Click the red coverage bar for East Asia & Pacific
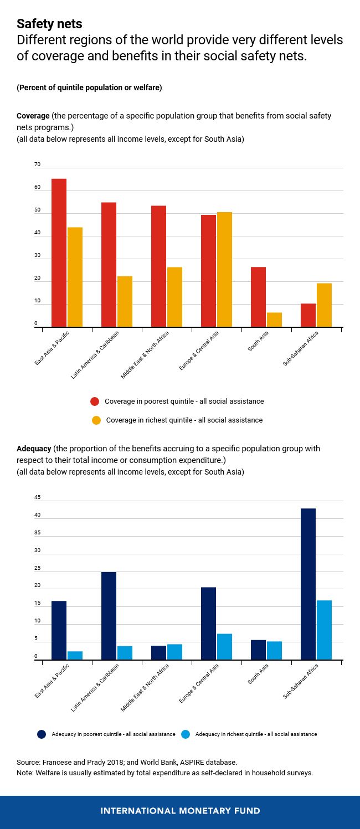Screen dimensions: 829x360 (59, 253)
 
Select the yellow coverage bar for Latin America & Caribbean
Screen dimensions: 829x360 (125, 302)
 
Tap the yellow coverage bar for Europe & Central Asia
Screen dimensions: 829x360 (224, 270)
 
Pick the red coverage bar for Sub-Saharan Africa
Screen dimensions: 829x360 (308, 316)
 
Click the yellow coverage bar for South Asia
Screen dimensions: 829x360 (274, 320)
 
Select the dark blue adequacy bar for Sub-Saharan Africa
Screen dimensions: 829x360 (308, 584)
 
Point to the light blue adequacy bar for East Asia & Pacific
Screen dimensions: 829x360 (75, 656)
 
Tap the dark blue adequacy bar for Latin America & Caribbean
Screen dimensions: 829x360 (109, 616)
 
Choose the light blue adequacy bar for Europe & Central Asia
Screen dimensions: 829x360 (224, 647)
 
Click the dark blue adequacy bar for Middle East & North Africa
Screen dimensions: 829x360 (158, 653)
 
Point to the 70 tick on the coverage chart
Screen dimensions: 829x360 (37, 165)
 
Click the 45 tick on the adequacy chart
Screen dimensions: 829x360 (37, 498)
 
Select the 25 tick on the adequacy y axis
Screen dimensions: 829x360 (37, 569)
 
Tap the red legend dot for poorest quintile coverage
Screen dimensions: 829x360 (95, 401)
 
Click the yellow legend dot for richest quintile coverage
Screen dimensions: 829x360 (96, 420)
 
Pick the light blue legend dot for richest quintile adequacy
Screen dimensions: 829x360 (186, 734)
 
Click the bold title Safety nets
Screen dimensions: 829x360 (49, 24)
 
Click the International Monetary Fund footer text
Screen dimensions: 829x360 (180, 811)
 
